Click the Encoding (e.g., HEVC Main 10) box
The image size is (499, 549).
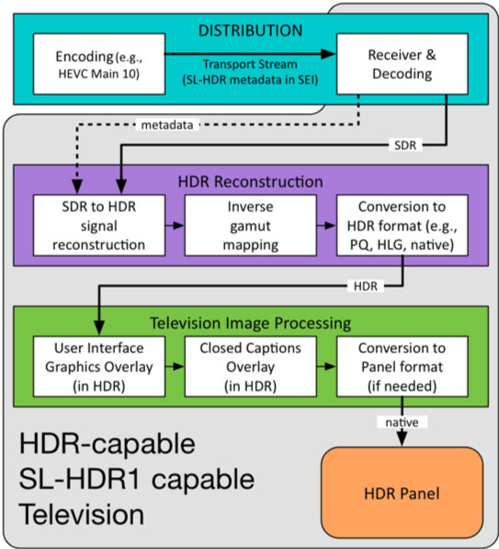pyautogui.click(x=99, y=64)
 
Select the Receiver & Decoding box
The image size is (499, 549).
pyautogui.click(x=403, y=64)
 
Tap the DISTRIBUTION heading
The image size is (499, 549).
pyautogui.click(x=251, y=30)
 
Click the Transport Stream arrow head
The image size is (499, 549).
pyautogui.click(x=328, y=54)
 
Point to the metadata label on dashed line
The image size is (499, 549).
pyautogui.click(x=167, y=125)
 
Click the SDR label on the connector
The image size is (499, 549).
pyautogui.click(x=405, y=145)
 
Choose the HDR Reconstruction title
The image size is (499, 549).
pyautogui.click(x=251, y=182)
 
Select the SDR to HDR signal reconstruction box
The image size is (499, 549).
pyautogui.click(x=99, y=225)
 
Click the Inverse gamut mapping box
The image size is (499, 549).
pyautogui.click(x=251, y=225)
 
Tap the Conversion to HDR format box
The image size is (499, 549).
pyautogui.click(x=403, y=225)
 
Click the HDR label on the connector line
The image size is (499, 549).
pyautogui.click(x=366, y=286)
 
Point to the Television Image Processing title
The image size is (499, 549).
pyautogui.click(x=251, y=323)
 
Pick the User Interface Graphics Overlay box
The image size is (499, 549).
pyautogui.click(x=99, y=367)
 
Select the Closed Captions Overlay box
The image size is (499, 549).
pyautogui.click(x=251, y=367)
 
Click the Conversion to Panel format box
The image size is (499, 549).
pyautogui.click(x=403, y=367)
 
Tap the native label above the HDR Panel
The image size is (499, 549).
pyautogui.click(x=403, y=422)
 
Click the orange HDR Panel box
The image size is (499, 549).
pyautogui.click(x=403, y=493)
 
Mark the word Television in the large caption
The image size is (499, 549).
pyautogui.click(x=81, y=514)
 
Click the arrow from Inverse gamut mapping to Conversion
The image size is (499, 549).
pyautogui.click(x=326, y=225)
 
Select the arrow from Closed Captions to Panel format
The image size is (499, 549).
pyautogui.click(x=326, y=367)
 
